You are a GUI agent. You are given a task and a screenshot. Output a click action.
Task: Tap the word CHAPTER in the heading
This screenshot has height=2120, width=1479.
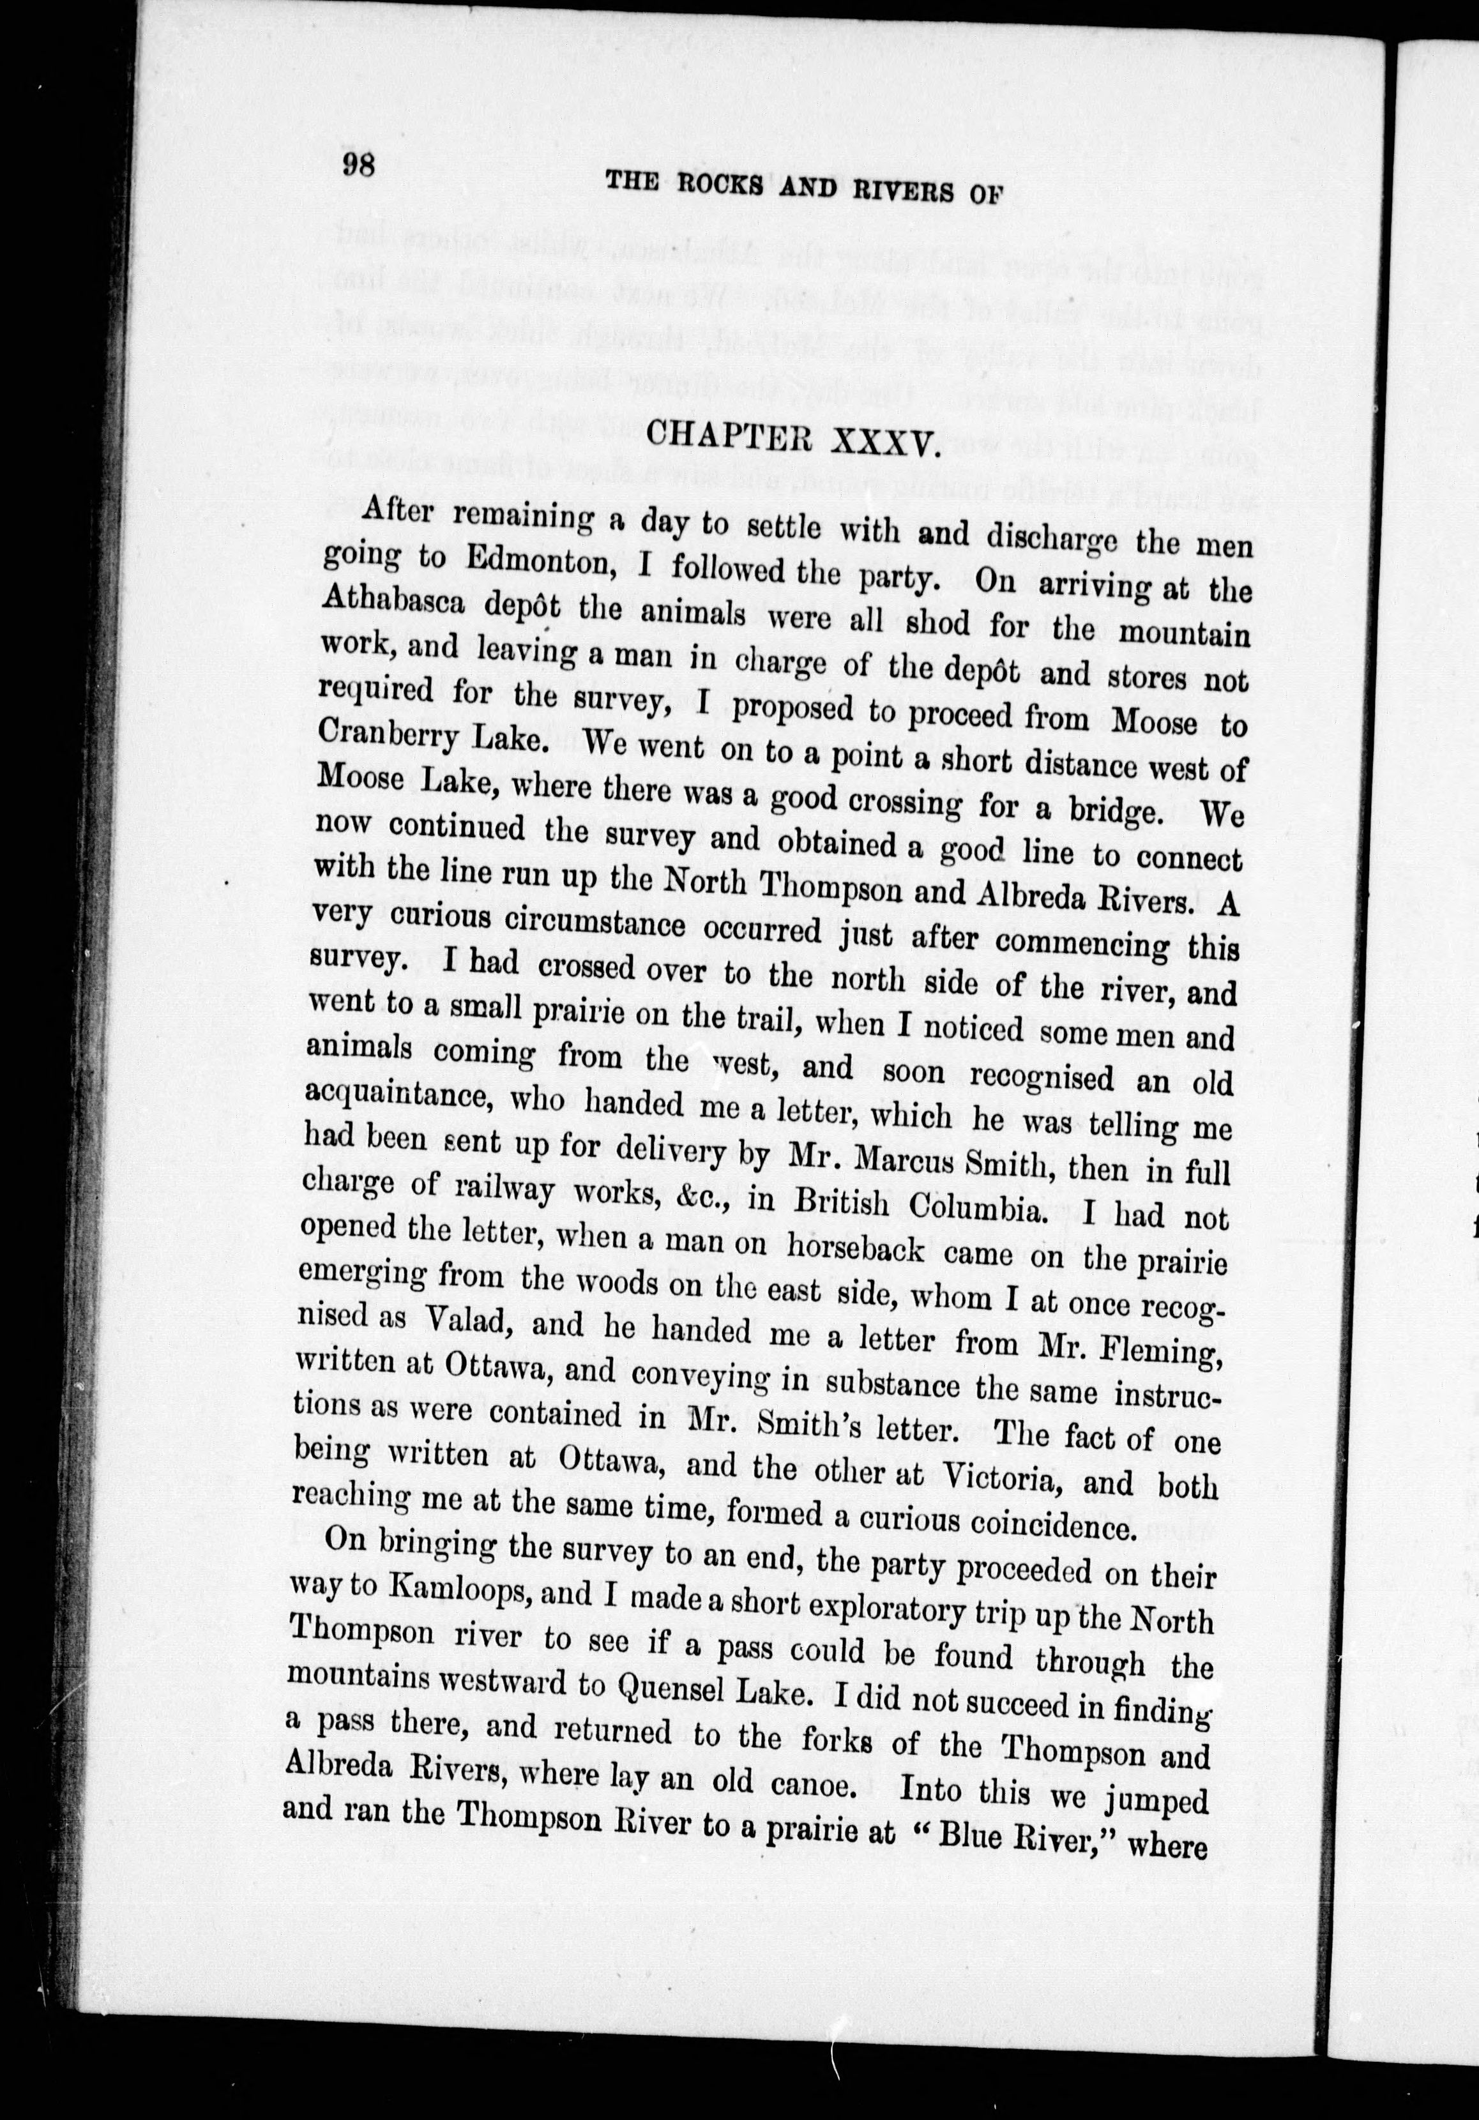(731, 435)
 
